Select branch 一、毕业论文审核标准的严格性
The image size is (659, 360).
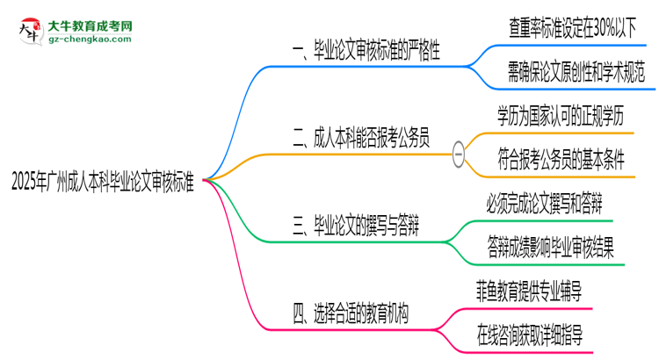click(x=366, y=53)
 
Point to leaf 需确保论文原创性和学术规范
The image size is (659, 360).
click(x=575, y=74)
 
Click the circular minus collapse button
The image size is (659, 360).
click(x=459, y=152)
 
